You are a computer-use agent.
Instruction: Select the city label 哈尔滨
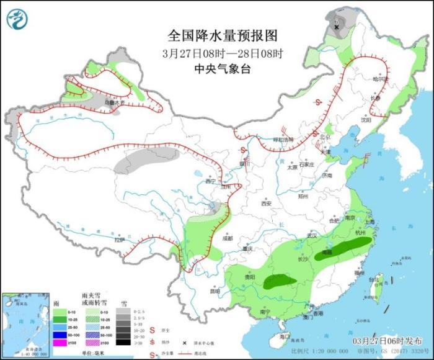[x=379, y=79]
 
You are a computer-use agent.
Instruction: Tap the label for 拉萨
[x=119, y=239]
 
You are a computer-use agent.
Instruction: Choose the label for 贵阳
[x=249, y=277]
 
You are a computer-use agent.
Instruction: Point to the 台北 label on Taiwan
[x=373, y=280]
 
